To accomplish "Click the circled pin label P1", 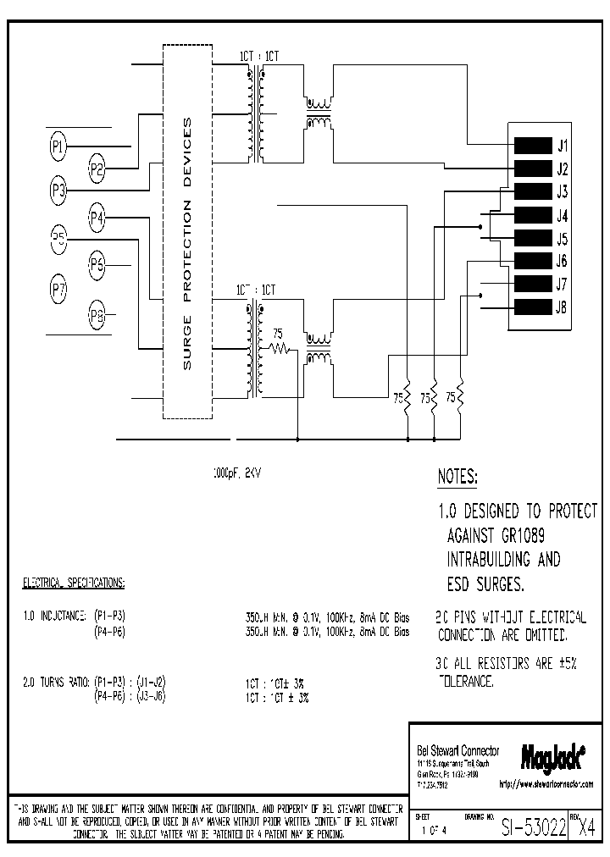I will (58, 147).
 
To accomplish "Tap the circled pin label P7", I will (58, 290).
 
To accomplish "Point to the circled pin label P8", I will (97, 317).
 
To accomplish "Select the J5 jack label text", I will (563, 239).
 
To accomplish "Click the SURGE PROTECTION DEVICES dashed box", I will (187, 242).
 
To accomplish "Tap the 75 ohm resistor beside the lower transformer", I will (278, 347).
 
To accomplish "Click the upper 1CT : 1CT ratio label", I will (258, 57).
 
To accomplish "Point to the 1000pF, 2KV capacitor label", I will (237, 475).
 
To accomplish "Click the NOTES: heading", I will (457, 478).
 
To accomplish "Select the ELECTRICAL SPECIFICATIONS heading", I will (73, 583).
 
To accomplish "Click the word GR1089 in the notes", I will (507, 537).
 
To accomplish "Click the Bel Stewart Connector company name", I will (458, 751).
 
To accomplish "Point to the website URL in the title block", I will (546, 784).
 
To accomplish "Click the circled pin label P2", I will (97, 168).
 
